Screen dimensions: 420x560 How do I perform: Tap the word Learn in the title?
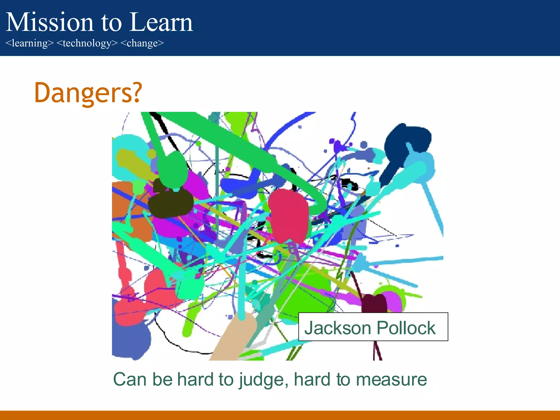pyautogui.click(x=161, y=22)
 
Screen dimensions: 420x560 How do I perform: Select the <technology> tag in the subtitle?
pyautogui.click(x=87, y=43)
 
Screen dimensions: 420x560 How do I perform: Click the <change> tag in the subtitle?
pyautogui.click(x=142, y=43)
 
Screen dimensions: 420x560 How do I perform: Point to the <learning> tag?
pyautogui.click(x=30, y=43)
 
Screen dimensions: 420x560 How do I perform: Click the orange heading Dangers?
pyautogui.click(x=88, y=93)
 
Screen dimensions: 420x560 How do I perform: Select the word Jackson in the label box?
pyautogui.click(x=338, y=328)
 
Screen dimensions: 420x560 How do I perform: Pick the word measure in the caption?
pyautogui.click(x=391, y=380)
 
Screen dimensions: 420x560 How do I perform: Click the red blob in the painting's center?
pyautogui.click(x=288, y=216)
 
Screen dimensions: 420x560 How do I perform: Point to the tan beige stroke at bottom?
pyautogui.click(x=232, y=339)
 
